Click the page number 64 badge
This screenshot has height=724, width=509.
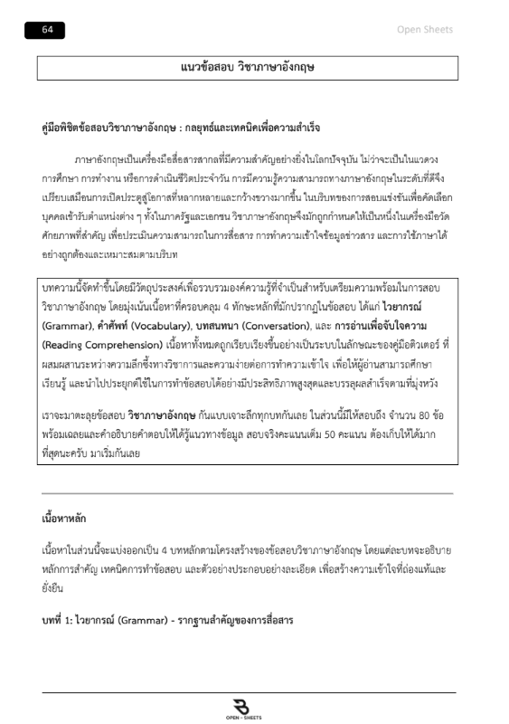tap(48, 30)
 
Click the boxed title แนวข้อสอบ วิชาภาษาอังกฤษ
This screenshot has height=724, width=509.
tap(246, 68)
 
